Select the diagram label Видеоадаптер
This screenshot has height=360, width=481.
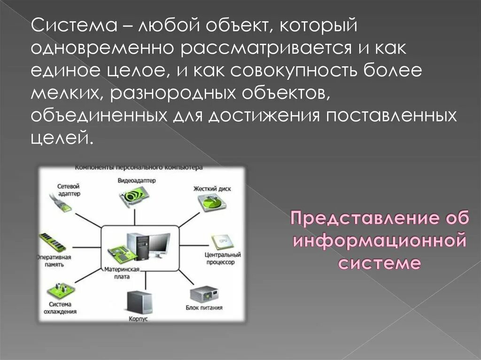point(136,181)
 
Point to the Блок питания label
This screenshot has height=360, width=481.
point(204,308)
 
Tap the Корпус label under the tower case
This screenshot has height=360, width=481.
point(138,319)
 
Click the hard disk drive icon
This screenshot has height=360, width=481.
point(211,203)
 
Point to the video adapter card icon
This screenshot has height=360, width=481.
point(137,195)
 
